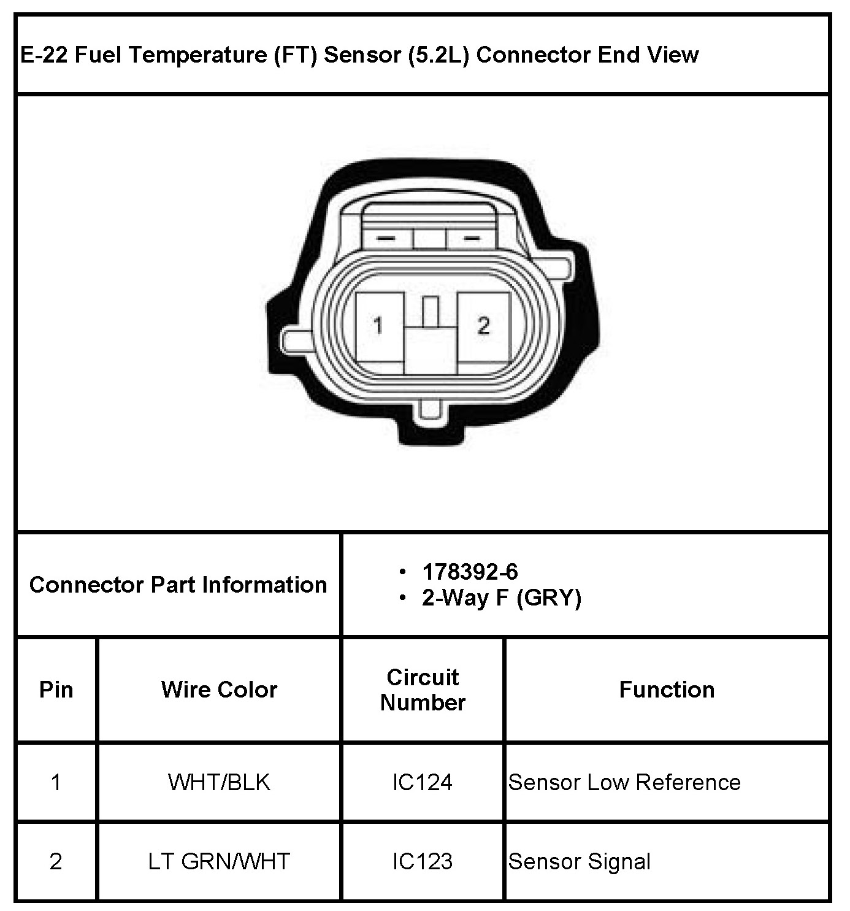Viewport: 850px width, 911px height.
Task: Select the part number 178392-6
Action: [470, 572]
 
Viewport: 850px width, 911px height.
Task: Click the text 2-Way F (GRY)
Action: [501, 598]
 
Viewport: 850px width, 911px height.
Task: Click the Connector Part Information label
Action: [178, 585]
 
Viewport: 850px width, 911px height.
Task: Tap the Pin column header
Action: [56, 690]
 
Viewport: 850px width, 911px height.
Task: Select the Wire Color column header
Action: [219, 690]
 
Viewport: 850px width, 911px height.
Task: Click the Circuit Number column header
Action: [423, 690]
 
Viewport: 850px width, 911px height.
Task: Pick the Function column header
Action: [667, 690]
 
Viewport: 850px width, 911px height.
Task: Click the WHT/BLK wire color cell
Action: [219, 782]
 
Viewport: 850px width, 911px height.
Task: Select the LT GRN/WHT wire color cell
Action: [219, 861]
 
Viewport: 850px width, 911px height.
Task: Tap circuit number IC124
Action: [423, 782]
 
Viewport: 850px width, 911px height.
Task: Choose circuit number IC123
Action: [423, 861]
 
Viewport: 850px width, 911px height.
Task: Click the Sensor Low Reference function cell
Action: [624, 782]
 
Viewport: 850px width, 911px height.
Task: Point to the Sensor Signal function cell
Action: [579, 861]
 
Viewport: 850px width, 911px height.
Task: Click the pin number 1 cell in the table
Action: [56, 782]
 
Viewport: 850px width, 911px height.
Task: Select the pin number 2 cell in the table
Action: [56, 861]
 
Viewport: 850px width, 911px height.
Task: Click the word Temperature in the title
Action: [198, 55]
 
